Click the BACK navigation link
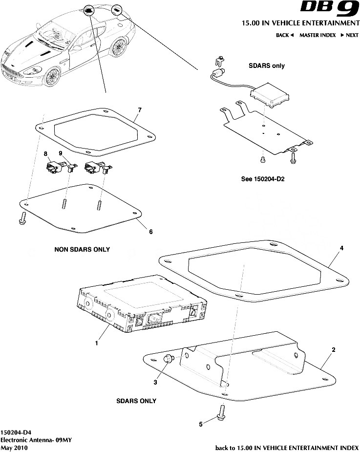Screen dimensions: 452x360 coord(284,35)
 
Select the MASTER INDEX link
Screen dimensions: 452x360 coord(317,35)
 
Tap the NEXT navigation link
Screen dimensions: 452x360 coord(350,35)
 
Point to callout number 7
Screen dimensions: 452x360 coord(139,110)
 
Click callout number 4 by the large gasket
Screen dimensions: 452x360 coord(341,248)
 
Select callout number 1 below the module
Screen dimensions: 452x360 coord(97,343)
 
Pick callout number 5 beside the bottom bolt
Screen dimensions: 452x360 coord(200,424)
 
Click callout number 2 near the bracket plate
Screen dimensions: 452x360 coord(333,350)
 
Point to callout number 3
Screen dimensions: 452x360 coord(155,383)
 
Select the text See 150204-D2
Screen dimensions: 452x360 coord(263,179)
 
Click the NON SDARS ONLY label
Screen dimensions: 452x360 coord(82,249)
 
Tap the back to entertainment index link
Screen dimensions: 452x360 coord(286,447)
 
